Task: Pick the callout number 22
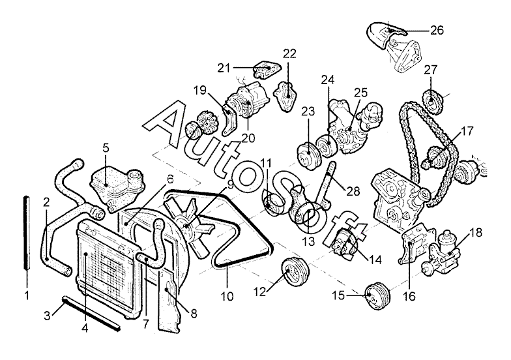click(289, 53)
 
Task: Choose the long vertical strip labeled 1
click(26, 232)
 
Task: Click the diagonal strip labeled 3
click(90, 312)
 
